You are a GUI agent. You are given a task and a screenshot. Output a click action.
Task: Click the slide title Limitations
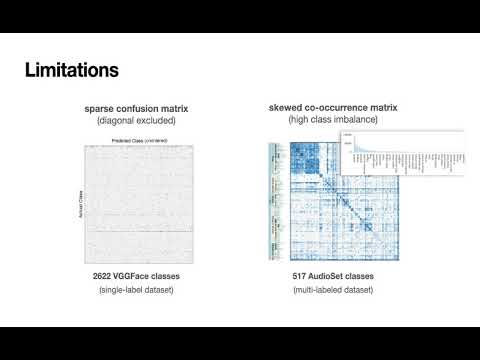coord(71,71)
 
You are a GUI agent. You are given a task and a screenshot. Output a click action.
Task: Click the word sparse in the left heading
coord(99,108)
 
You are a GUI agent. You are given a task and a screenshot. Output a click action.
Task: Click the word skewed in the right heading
coord(286,108)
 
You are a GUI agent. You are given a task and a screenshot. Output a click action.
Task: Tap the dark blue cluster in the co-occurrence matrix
coord(300,155)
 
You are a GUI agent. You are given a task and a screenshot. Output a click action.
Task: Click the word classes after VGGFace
coord(180,274)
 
